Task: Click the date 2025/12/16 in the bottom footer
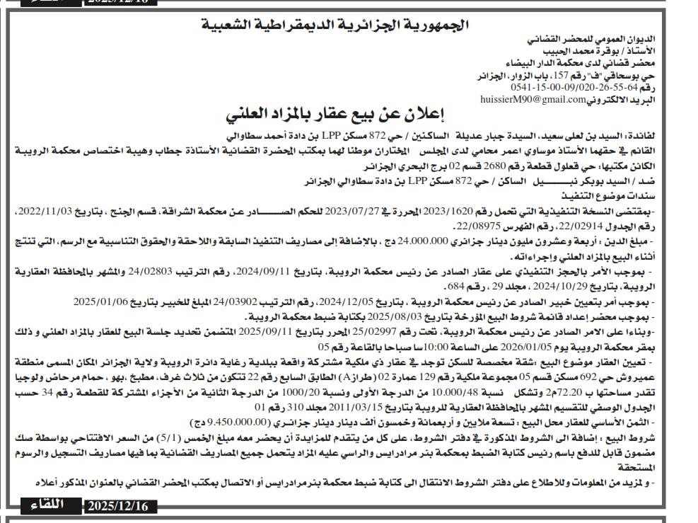(x=120, y=506)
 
